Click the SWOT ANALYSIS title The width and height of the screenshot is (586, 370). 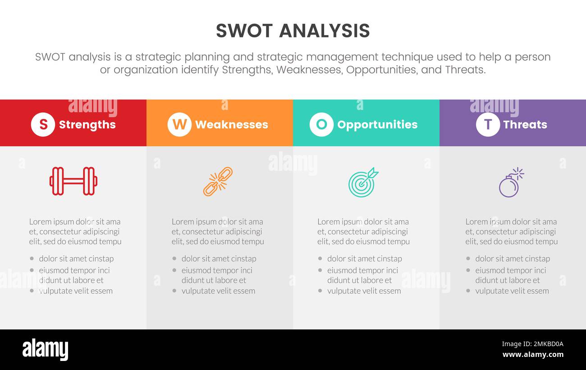(x=293, y=31)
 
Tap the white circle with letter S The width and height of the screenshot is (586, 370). (x=43, y=124)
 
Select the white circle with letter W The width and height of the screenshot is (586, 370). (x=179, y=124)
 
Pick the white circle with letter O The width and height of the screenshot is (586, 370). (x=321, y=124)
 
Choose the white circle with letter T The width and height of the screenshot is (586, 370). (x=488, y=124)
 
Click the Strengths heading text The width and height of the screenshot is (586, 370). (x=87, y=125)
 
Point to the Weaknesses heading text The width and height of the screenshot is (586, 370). (x=231, y=125)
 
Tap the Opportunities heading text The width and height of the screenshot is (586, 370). (x=377, y=125)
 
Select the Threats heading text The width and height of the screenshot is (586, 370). (x=525, y=125)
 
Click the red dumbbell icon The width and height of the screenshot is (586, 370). (x=73, y=181)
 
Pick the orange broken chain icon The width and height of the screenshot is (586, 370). (x=218, y=181)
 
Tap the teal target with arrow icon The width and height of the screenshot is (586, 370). (x=363, y=182)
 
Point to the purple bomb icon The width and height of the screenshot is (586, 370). (x=511, y=183)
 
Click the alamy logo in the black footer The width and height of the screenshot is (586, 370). (x=45, y=350)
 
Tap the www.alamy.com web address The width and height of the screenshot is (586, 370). (x=533, y=355)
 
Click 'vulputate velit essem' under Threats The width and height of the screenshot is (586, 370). (x=512, y=291)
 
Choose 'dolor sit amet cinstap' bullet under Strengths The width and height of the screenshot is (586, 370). (x=76, y=259)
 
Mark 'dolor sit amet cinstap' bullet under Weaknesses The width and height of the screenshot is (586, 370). (x=219, y=259)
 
